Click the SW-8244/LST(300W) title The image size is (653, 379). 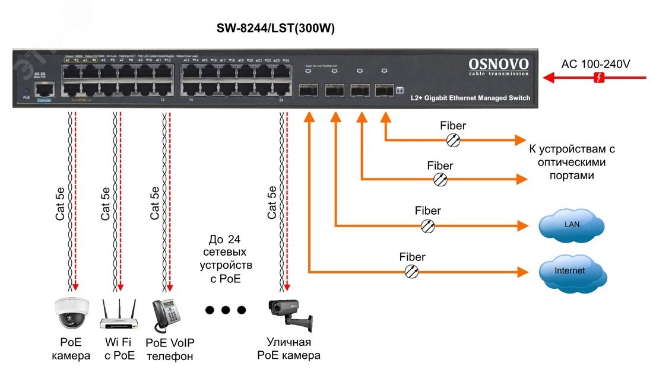pyautogui.click(x=280, y=28)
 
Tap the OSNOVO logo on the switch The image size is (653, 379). pyautogui.click(x=499, y=64)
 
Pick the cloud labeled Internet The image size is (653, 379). pyautogui.click(x=571, y=272)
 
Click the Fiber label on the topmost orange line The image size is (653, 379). pyautogui.click(x=453, y=126)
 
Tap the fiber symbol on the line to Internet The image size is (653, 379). pyautogui.click(x=411, y=272)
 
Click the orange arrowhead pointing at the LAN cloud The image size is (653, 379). pyautogui.click(x=522, y=225)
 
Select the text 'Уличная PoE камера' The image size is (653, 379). pyautogui.click(x=289, y=349)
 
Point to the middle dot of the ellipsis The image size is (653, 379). pyautogui.click(x=225, y=310)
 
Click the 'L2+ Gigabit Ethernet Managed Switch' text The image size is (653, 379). pyautogui.click(x=470, y=98)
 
